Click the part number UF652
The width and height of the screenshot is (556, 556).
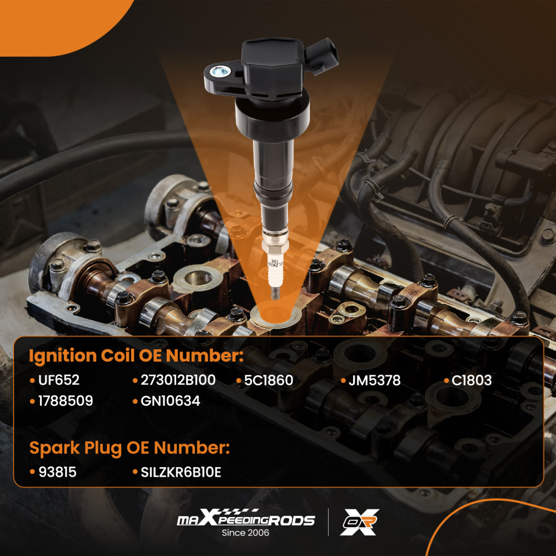[59, 381]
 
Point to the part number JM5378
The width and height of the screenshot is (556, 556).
[374, 381]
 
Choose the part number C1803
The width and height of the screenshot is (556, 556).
[471, 381]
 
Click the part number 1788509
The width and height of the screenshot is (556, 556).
[66, 400]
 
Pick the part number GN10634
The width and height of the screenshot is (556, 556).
[170, 400]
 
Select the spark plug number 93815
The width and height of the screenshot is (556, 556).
[57, 472]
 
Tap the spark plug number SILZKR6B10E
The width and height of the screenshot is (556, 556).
[180, 472]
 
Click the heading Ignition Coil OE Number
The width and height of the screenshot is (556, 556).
[136, 356]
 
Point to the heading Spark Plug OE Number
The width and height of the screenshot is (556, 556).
[129, 448]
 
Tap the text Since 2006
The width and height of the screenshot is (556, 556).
[245, 533]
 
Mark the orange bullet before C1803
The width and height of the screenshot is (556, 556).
[446, 381]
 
